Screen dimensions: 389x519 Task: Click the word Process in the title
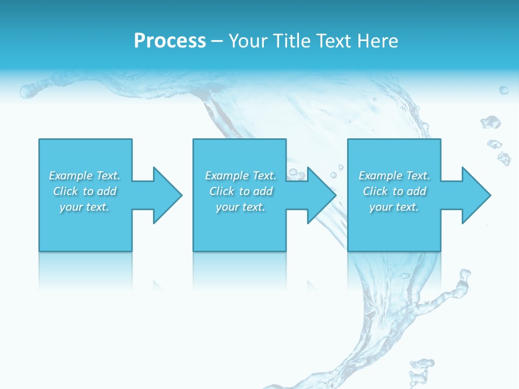pos(170,41)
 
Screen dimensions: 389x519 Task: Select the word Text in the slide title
pos(335,41)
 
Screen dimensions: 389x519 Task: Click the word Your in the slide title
pos(248,41)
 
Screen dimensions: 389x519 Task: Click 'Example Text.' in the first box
pos(84,176)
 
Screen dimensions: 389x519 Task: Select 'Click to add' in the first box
pos(84,191)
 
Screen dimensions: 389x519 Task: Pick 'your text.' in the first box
pos(84,207)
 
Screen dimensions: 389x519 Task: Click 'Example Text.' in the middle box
pos(241,176)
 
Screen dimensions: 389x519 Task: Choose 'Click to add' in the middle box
pos(241,191)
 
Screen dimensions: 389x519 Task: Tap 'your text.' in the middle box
pos(241,207)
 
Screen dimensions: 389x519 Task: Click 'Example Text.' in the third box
pos(394,176)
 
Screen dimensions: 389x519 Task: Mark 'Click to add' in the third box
pos(394,191)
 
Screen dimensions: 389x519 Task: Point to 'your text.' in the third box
pos(394,207)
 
